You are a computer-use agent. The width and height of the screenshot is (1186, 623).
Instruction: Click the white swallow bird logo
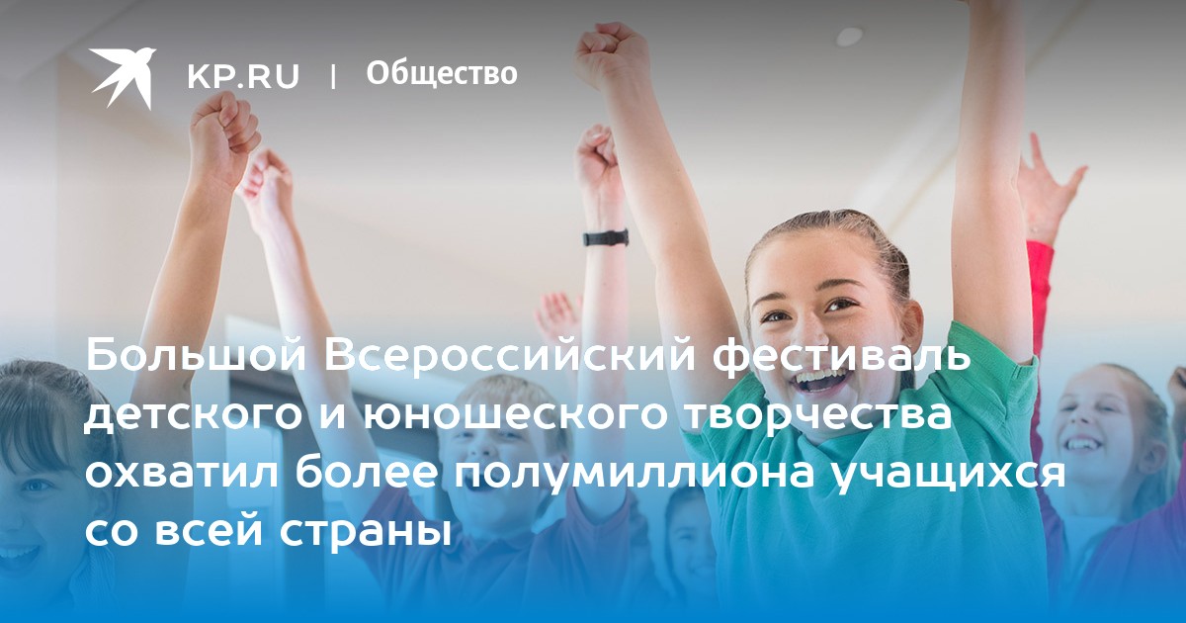pos(123,78)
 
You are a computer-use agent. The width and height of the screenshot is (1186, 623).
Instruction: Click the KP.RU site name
pos(243,76)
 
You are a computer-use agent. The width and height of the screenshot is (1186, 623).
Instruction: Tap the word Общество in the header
pos(442,73)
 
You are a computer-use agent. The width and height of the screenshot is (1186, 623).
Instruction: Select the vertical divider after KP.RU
pos(333,76)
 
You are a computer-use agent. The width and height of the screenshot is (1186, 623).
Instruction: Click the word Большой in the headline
pos(196,355)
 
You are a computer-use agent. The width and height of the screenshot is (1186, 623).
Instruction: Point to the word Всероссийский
pos(509,355)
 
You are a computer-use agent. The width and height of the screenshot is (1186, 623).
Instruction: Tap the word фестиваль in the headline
pos(842,356)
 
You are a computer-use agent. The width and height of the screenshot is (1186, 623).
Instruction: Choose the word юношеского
pos(514,414)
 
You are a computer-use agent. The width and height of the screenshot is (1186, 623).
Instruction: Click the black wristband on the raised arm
pos(606,237)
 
